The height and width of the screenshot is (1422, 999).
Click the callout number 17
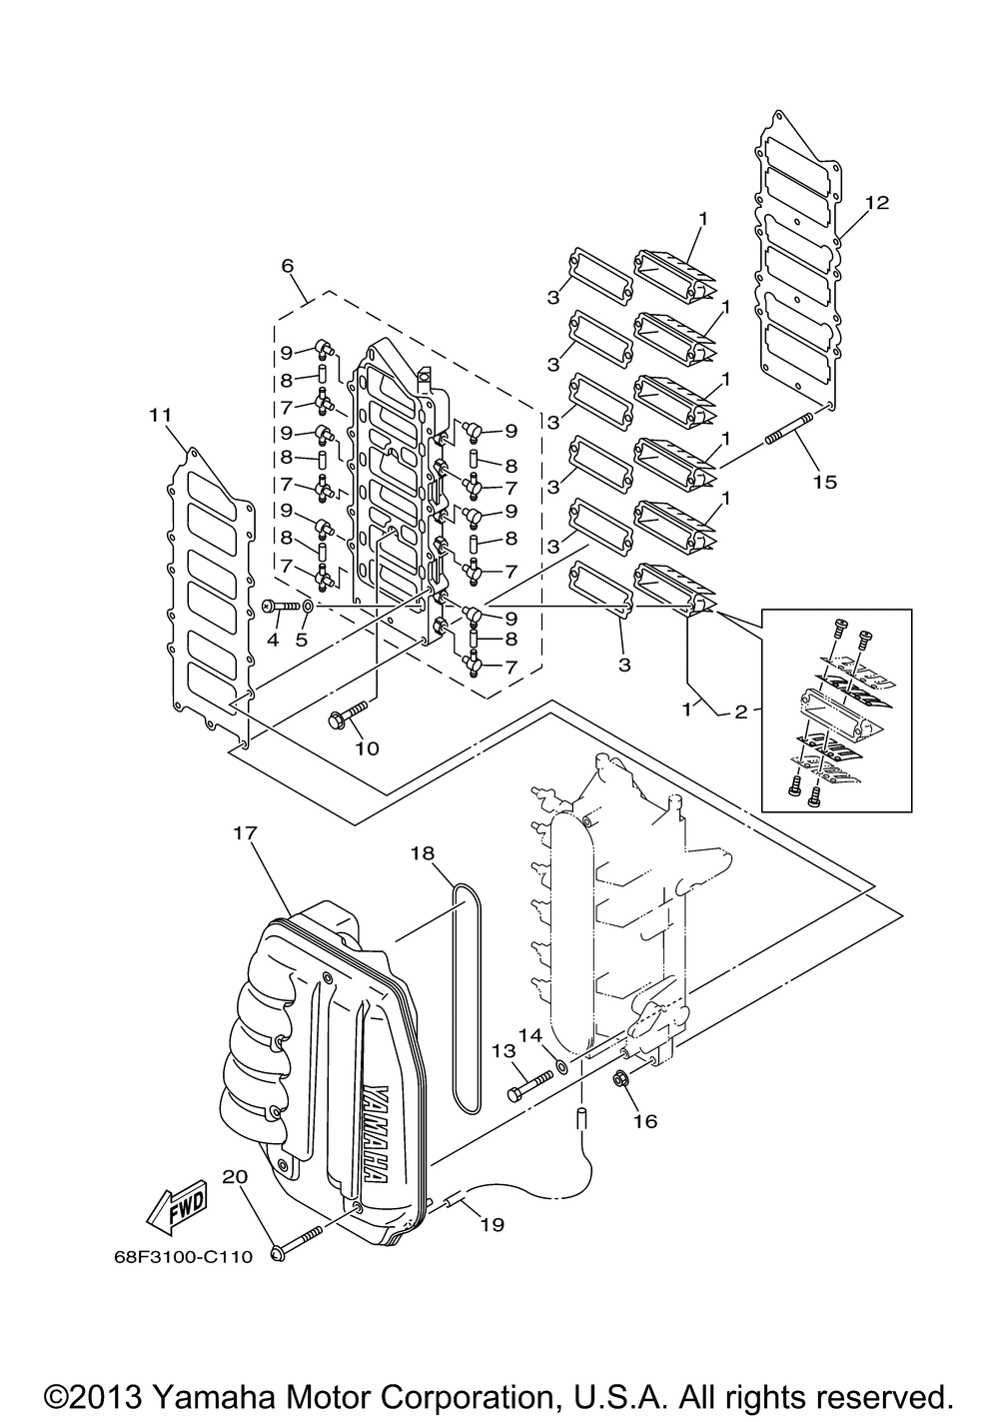click(x=246, y=832)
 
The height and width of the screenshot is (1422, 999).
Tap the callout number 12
click(x=876, y=203)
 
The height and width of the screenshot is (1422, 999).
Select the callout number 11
click(x=160, y=415)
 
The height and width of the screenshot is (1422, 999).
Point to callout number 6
click(x=288, y=266)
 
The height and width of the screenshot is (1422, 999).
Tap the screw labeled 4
click(x=281, y=607)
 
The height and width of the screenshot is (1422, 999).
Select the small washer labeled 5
click(x=307, y=607)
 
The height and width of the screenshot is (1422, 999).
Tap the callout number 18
click(x=423, y=852)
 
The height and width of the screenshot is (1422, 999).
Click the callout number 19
click(x=492, y=1223)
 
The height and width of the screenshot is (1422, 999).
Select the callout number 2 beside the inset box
click(x=741, y=711)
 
